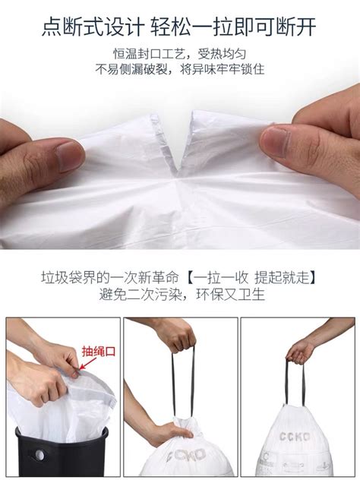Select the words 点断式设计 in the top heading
pyautogui.click(x=90, y=27)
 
